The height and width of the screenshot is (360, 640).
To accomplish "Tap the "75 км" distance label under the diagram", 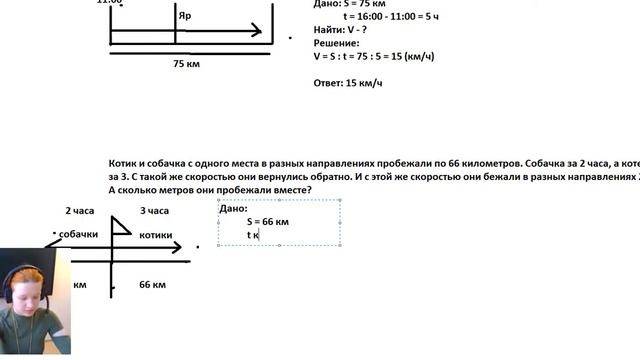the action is tap(186, 63).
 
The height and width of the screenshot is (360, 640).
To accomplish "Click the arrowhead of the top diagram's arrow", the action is tap(257, 31).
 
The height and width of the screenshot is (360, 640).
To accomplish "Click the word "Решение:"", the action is tap(336, 43).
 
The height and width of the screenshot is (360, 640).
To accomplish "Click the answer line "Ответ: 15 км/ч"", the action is tap(349, 83).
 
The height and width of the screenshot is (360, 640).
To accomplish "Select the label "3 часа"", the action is tap(154, 211).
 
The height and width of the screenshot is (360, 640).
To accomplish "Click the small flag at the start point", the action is tap(121, 227).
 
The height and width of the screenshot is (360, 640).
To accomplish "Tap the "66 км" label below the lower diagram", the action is tap(152, 285).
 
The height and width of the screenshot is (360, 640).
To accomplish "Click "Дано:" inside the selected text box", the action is tap(233, 208).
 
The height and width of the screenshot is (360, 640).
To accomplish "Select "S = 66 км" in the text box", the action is tap(268, 221).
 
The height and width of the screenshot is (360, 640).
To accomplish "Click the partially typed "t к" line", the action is tap(254, 235).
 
